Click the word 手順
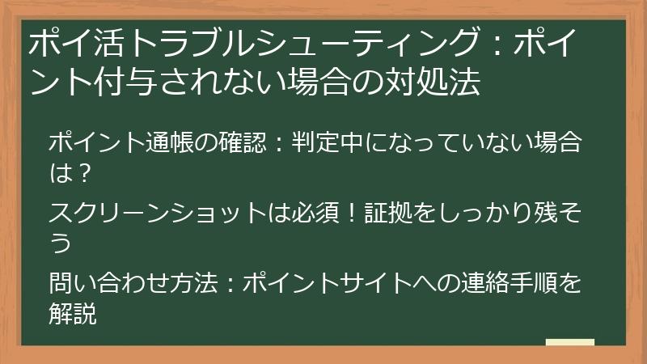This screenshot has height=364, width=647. pos(535,283)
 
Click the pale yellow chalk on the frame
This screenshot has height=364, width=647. pos(569,343)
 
